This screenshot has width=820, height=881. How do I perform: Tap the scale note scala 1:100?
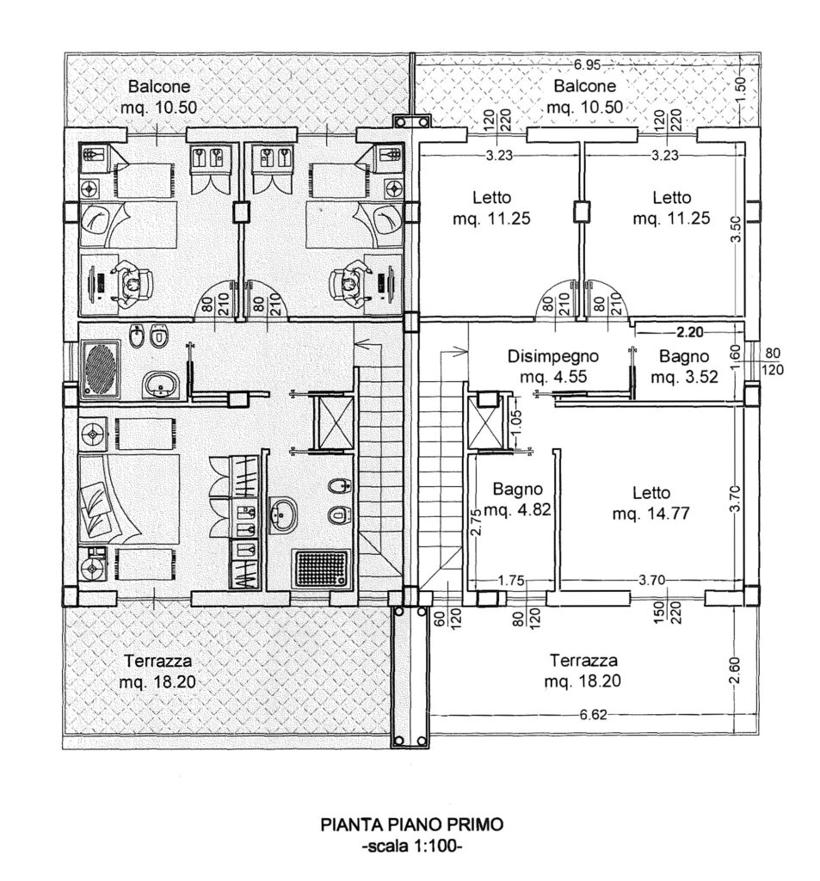tap(412, 845)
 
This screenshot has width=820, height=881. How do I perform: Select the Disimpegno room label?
tap(552, 356)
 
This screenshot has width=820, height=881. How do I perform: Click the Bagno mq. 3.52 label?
tap(683, 367)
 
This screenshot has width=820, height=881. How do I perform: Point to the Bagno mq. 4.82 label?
tap(516, 499)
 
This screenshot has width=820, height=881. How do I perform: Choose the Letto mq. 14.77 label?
tap(650, 504)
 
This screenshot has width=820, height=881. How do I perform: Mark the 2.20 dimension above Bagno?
tap(691, 330)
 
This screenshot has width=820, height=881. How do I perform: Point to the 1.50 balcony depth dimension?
tap(741, 85)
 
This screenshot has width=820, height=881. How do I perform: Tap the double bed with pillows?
tap(129, 500)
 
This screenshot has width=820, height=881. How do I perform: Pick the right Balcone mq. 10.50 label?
tap(585, 96)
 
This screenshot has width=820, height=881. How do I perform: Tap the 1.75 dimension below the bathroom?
tap(511, 581)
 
